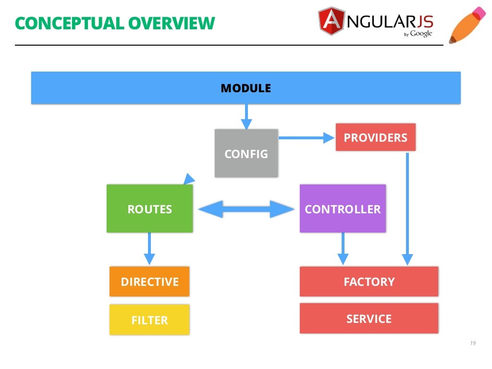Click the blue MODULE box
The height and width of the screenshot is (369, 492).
coord(246,88)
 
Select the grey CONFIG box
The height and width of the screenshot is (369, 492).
coord(246,153)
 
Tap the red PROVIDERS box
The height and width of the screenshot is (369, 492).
coord(375,137)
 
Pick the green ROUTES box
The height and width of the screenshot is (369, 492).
coord(149,209)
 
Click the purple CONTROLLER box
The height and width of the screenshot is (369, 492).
coord(343,209)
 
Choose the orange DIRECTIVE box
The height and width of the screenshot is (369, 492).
coord(149,282)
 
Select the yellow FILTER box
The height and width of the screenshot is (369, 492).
coord(149,320)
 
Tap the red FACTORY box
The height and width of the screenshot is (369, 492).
coord(369,282)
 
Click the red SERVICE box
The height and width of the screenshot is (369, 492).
coord(369,318)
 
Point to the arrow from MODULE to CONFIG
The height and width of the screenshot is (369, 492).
coord(246,116)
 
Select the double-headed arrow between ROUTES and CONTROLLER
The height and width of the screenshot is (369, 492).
coord(246,209)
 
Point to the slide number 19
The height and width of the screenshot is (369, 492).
coord(472,343)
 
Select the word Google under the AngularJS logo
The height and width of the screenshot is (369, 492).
coord(421,34)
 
